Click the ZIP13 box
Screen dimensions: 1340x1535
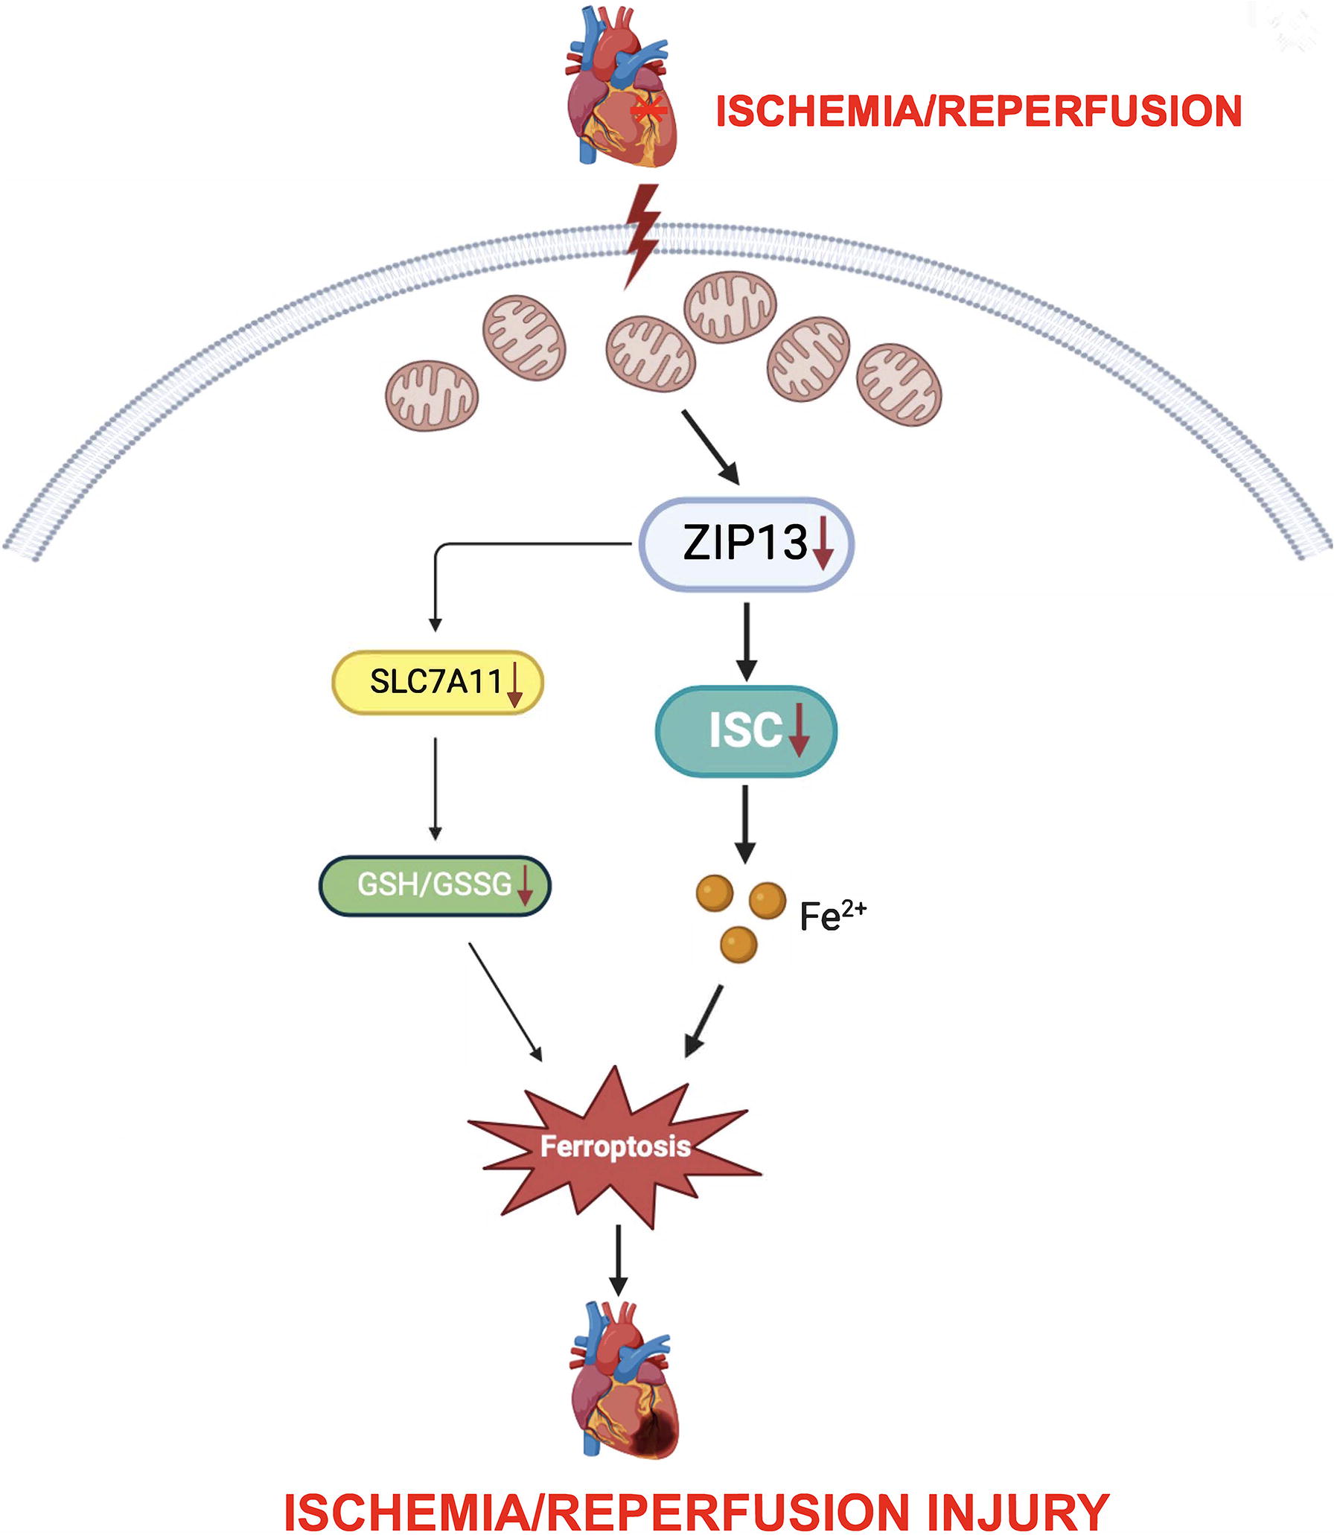click(745, 543)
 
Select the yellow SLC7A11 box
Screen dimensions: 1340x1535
click(438, 682)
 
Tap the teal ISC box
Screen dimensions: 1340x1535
click(746, 730)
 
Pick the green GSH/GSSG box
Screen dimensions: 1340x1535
click(435, 885)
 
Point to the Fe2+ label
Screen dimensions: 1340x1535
click(832, 915)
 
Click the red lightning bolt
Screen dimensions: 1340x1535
click(642, 236)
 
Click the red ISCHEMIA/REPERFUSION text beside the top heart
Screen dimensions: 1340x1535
click(979, 112)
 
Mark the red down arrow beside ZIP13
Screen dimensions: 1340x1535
click(823, 545)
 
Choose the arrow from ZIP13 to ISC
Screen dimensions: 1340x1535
click(746, 642)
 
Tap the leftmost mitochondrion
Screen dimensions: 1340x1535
click(432, 395)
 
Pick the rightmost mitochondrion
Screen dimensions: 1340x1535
click(899, 384)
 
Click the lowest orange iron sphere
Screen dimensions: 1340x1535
click(738, 944)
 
